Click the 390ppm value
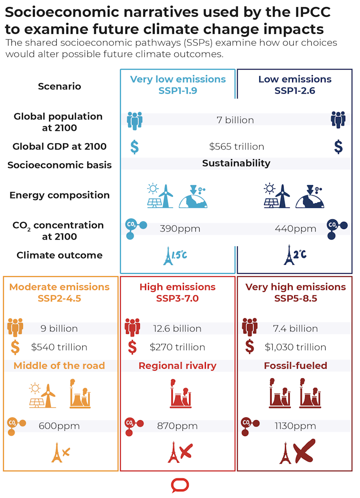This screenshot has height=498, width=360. coord(180,229)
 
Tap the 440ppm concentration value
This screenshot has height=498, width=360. coord(296,229)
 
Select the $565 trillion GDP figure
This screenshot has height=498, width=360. coord(236,146)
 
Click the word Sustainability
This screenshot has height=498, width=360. coord(236,163)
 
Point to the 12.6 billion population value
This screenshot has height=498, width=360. coord(177,328)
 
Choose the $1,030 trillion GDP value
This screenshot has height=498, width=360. coord(296,347)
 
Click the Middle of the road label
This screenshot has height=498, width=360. coord(59,366)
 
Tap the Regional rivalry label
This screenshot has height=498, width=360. coord(178,366)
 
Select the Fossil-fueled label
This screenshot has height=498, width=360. coord(296,366)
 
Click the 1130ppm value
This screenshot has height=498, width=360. coord(296,426)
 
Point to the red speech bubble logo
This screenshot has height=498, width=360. coord(180,486)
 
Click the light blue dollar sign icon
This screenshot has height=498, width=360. coord(135,146)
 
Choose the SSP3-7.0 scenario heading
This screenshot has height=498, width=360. coord(178,299)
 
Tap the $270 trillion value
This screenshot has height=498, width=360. coord(178,347)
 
